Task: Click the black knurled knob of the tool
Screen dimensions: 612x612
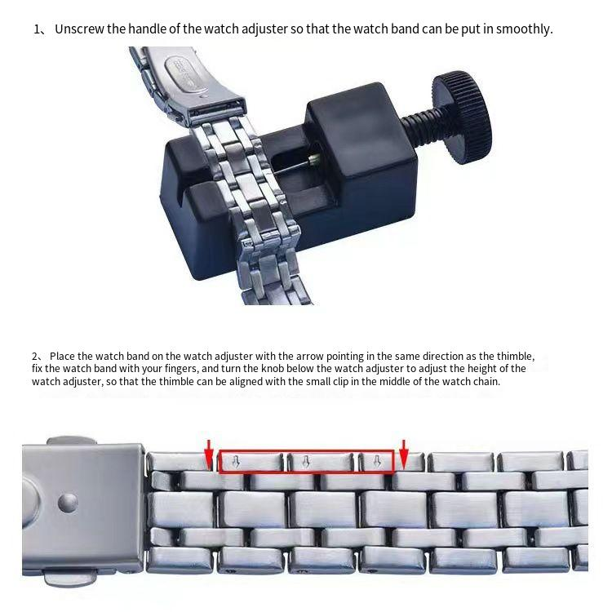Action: pyautogui.click(x=462, y=117)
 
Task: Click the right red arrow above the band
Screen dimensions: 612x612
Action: pyautogui.click(x=404, y=454)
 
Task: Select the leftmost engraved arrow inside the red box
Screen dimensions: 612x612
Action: pyautogui.click(x=236, y=462)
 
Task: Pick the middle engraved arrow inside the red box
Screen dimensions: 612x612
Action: pyautogui.click(x=306, y=462)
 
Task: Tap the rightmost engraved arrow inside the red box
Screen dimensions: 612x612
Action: pyautogui.click(x=377, y=462)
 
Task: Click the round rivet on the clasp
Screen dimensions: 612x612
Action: pyautogui.click(x=68, y=503)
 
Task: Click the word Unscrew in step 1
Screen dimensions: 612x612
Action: pyautogui.click(x=80, y=29)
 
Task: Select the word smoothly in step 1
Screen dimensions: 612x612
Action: pyautogui.click(x=524, y=29)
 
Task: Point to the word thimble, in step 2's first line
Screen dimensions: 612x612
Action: pyautogui.click(x=513, y=357)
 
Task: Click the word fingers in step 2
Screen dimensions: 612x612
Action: pyautogui.click(x=181, y=369)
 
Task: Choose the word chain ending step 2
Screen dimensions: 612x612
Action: pyautogui.click(x=486, y=381)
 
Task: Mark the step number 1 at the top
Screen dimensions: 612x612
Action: pyautogui.click(x=37, y=29)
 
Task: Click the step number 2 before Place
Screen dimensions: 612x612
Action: pyautogui.click(x=35, y=357)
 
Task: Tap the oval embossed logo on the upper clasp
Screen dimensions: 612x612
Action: pyautogui.click(x=184, y=74)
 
